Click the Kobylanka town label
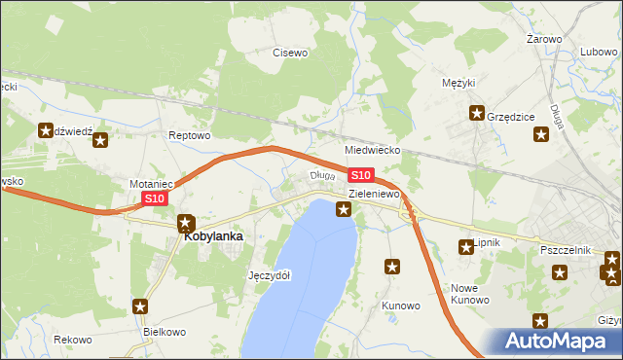(213, 235)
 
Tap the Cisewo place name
(289, 53)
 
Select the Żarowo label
(544, 39)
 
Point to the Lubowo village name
(599, 53)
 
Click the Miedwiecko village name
(373, 152)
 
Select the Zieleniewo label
(375, 195)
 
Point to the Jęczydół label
(270, 275)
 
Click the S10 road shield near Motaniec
(155, 198)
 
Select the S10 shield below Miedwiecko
(360, 175)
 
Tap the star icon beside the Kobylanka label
(186, 223)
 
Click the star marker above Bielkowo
(141, 306)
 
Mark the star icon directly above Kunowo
(393, 266)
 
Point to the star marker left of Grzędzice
(477, 113)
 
